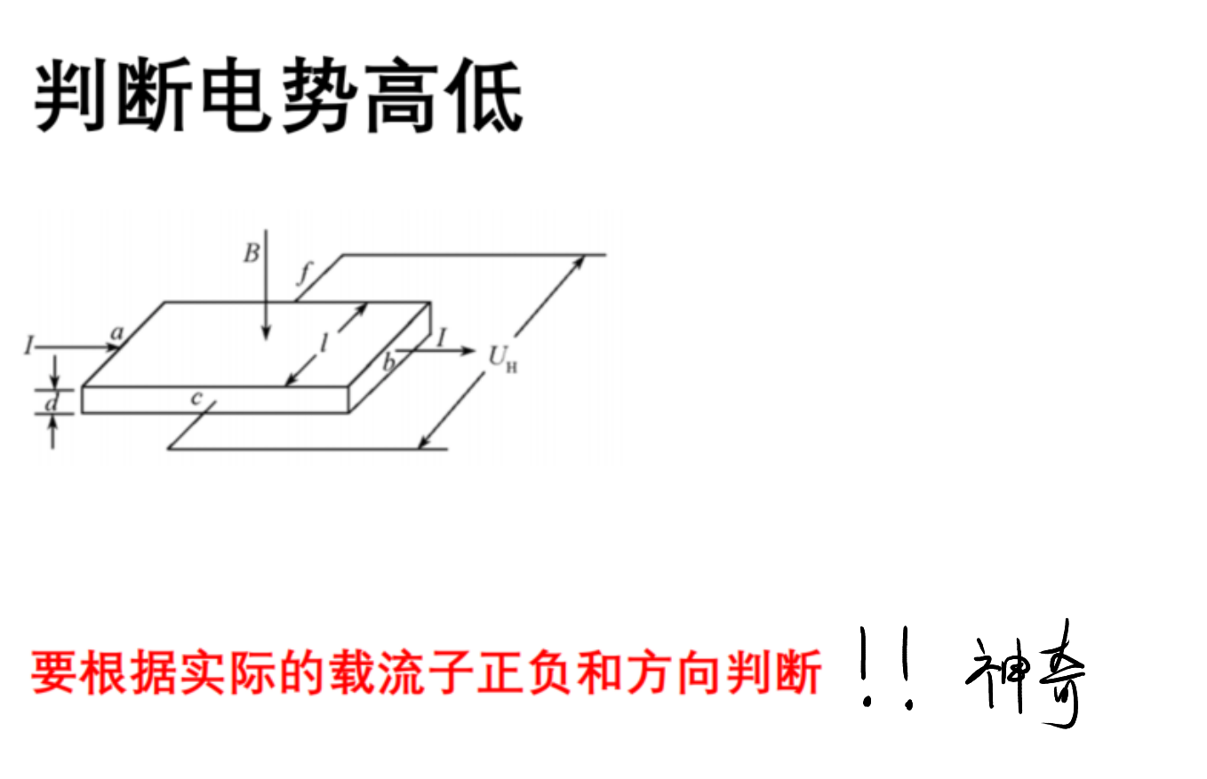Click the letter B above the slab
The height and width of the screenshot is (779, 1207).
(x=252, y=253)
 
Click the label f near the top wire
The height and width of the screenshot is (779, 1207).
(x=305, y=274)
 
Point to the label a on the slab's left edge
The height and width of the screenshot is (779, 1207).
(x=117, y=333)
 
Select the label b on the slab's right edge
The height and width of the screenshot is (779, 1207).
(x=389, y=362)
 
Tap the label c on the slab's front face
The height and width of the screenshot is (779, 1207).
(x=196, y=398)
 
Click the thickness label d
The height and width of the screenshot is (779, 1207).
(x=52, y=402)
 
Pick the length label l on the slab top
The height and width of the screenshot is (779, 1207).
(x=324, y=343)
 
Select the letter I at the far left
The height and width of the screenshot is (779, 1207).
(x=28, y=345)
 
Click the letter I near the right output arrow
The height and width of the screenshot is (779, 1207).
(x=442, y=338)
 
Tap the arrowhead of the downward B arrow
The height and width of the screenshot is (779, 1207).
(x=265, y=333)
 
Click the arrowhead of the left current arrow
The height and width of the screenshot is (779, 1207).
(x=113, y=347)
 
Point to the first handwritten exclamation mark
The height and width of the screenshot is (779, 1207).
(x=866, y=666)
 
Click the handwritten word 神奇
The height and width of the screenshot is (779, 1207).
(x=1024, y=673)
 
